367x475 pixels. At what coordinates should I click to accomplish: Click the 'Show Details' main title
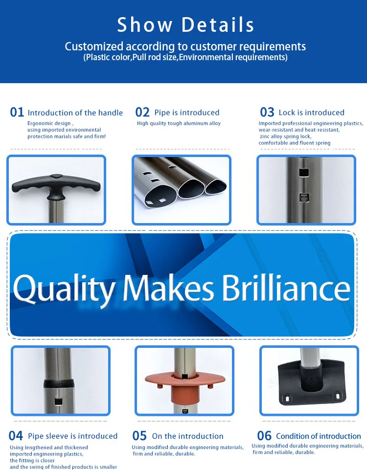(185, 24)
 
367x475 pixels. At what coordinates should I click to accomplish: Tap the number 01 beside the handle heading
(17, 113)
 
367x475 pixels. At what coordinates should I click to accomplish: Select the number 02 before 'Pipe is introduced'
(142, 113)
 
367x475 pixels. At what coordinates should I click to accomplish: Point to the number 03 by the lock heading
(267, 113)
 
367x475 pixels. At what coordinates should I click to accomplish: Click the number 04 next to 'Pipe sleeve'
(16, 436)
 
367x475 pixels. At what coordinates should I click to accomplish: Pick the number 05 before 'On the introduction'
(140, 436)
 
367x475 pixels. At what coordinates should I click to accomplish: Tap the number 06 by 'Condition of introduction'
(264, 436)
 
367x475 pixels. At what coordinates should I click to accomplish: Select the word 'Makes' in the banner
(169, 289)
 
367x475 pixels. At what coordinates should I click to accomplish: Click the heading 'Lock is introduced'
(311, 113)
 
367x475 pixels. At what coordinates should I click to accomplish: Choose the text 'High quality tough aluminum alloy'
(179, 124)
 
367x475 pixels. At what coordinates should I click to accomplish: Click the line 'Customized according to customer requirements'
(185, 46)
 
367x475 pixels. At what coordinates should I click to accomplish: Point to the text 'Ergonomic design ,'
(50, 124)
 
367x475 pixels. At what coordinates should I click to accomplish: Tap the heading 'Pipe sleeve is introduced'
(72, 436)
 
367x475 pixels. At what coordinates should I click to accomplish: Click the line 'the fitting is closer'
(32, 460)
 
